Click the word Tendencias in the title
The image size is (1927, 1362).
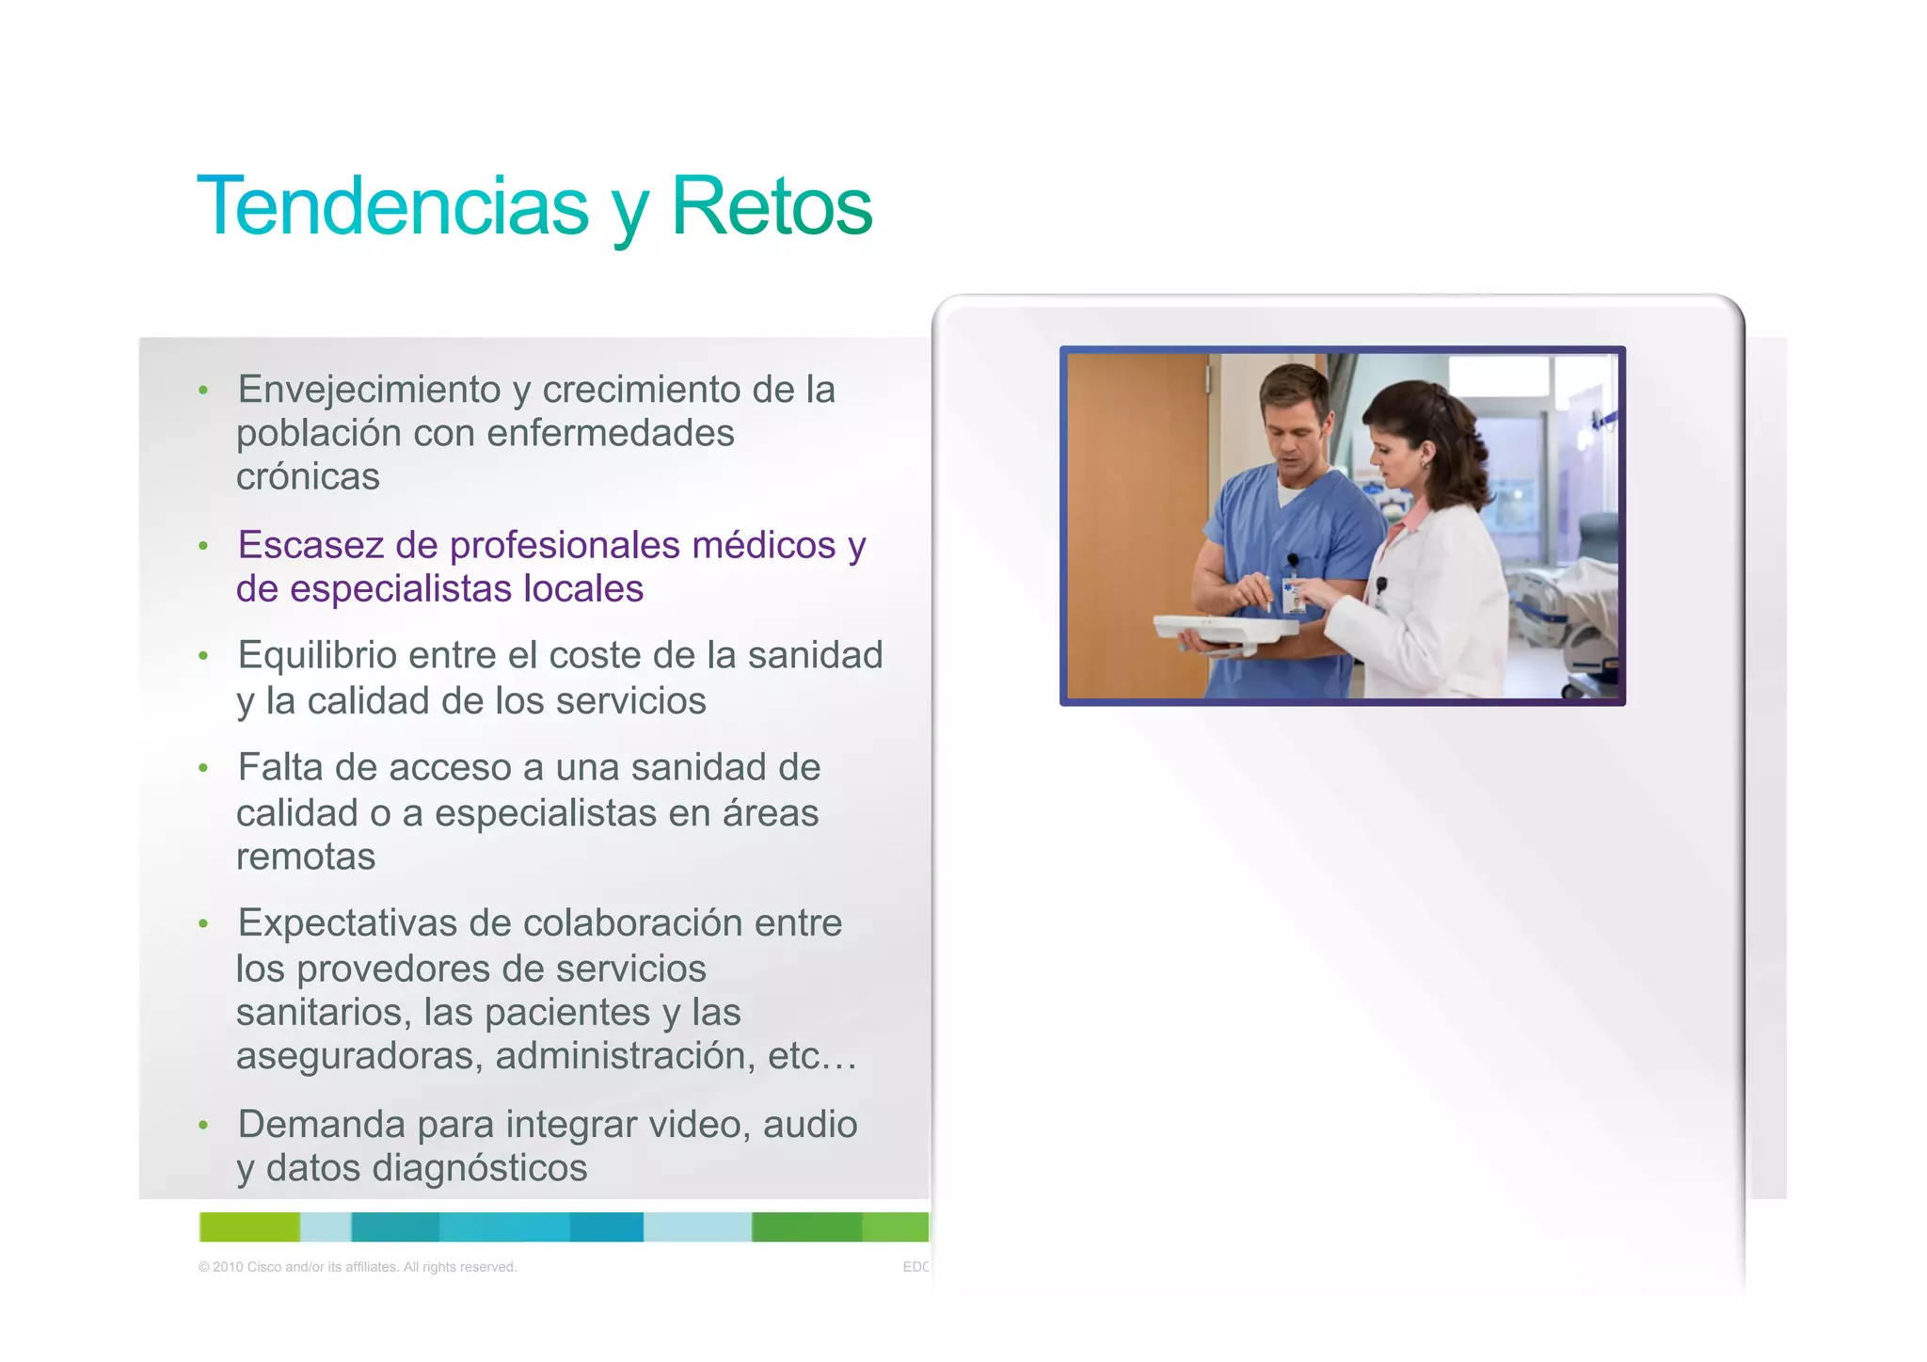tap(392, 206)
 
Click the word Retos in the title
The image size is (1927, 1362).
tap(772, 206)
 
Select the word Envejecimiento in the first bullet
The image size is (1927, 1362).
tap(369, 390)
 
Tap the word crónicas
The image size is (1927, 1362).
tap(308, 477)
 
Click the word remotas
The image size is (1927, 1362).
tap(306, 857)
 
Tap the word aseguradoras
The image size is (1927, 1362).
tap(359, 1056)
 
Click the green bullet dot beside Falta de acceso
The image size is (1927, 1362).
tap(203, 769)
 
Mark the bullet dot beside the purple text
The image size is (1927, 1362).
tap(203, 546)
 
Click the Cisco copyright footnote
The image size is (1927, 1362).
tap(358, 1267)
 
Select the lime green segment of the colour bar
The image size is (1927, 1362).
tap(249, 1227)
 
